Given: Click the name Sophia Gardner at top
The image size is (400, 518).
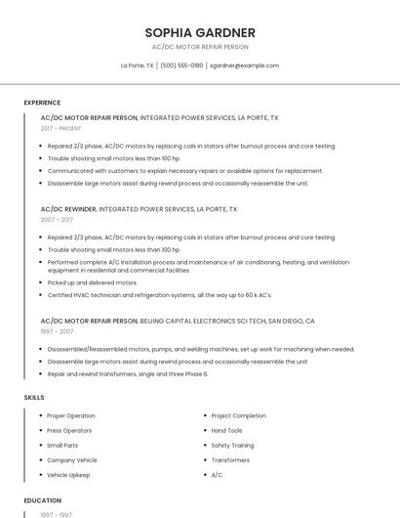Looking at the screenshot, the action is pos(200,32).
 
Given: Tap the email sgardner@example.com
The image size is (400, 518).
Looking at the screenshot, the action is pos(244,65).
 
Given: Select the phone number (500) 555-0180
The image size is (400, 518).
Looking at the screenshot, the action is pos(181,65).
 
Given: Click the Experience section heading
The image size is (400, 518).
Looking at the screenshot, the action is pos(42,103).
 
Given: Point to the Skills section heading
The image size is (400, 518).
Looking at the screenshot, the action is pos(34,398).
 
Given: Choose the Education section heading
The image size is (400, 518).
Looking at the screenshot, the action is pos(42,500).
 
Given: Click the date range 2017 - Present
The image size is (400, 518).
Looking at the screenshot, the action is pos(61,128).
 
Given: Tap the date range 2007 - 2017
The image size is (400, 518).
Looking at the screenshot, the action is pos(57,220).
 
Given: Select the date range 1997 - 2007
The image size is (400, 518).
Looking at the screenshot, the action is pos(57,331).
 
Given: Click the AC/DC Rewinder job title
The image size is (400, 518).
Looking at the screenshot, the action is pos(68,209).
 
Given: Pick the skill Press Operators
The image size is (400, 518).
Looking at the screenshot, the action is pos(69,430).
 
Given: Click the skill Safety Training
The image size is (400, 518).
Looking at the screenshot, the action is pos(232,445).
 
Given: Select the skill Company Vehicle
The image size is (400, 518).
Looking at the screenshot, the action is pos(72,459).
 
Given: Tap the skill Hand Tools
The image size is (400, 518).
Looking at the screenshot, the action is pos(226,430).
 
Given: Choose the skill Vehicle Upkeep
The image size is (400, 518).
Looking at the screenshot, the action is pos(68,475).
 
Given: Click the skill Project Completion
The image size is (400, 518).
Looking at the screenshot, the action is pos(238,415).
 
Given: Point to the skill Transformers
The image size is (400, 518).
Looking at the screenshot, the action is pos(230,459).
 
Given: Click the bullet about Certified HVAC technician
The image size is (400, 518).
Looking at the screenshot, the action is pos(160,294).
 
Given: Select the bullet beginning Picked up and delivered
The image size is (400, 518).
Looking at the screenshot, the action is pos(92,282).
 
